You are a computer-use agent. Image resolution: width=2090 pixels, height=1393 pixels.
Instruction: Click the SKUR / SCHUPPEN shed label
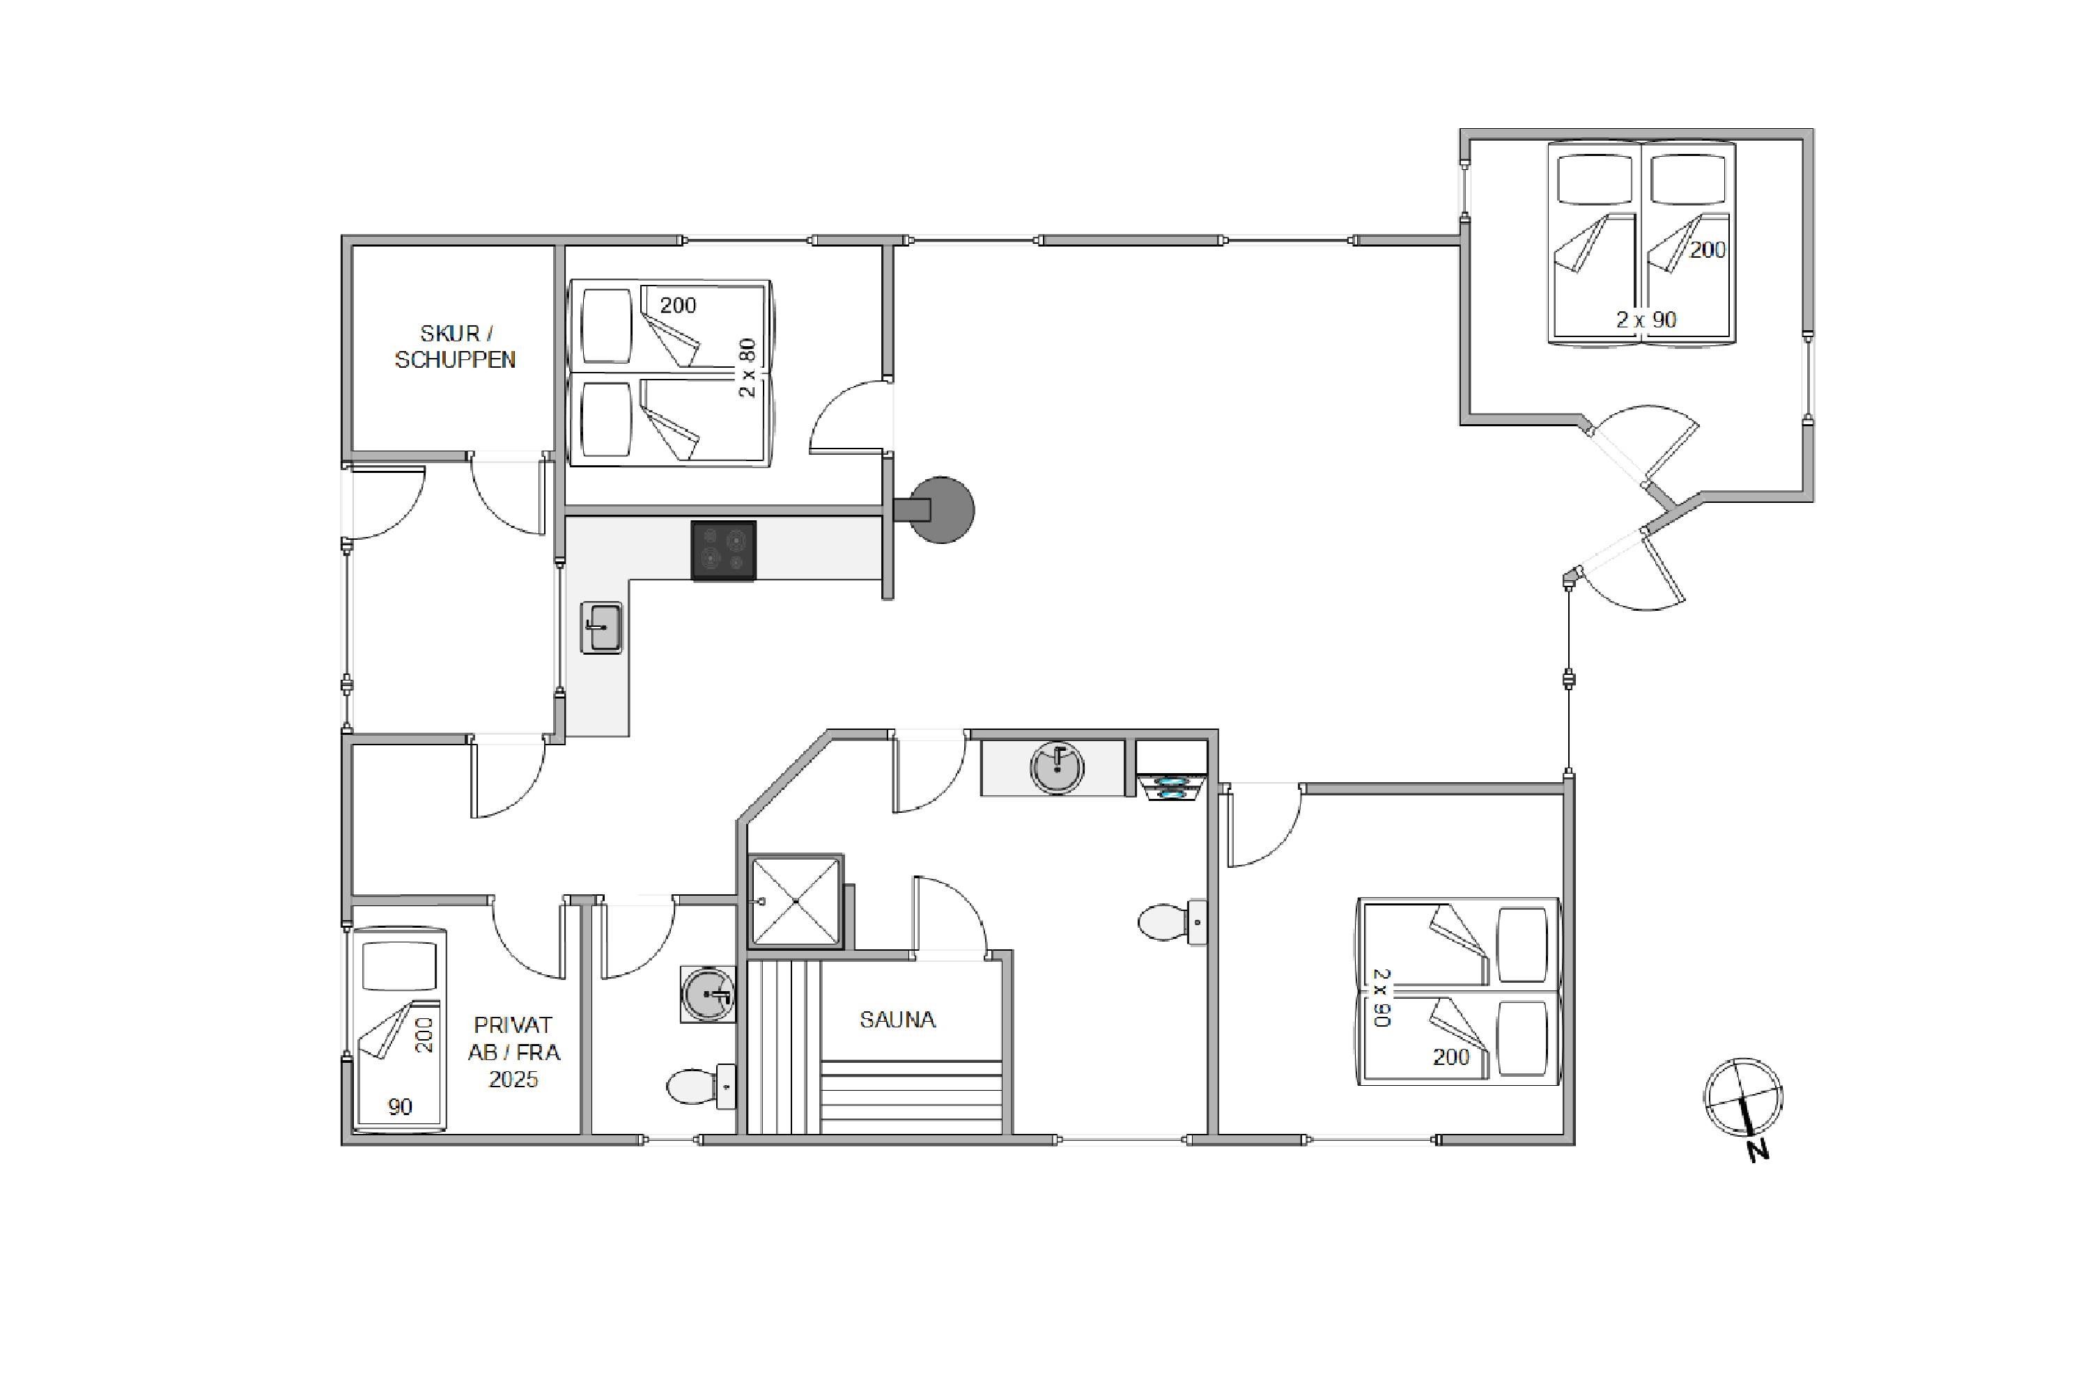coord(454,346)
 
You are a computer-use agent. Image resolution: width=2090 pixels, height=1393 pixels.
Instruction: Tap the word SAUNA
coord(897,1019)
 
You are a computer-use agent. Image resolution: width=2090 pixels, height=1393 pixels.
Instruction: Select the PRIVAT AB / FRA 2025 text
coord(513,1052)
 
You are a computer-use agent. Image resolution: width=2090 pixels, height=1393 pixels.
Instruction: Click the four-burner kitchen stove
coord(723,550)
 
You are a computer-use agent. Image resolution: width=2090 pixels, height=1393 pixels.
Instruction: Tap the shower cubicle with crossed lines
coord(796,901)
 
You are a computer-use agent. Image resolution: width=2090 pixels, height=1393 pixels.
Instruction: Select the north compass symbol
coord(1742,1097)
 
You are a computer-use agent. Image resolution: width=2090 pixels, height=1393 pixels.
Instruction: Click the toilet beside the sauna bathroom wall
coord(1172,922)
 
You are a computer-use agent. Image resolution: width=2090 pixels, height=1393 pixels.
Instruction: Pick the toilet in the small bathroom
coord(701,1086)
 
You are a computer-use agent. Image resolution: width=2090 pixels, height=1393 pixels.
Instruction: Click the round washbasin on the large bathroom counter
coord(1057,767)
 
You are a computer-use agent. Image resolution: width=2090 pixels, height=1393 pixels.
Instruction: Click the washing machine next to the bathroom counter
coord(1171,771)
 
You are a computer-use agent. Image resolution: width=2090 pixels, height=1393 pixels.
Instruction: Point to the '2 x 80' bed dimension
coord(748,367)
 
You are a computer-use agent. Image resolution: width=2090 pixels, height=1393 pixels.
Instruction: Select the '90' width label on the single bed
coord(400,1106)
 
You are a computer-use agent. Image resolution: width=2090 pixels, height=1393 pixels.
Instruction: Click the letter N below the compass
coord(1758,1151)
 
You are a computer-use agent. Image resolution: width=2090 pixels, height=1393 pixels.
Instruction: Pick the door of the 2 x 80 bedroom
coord(849,416)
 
